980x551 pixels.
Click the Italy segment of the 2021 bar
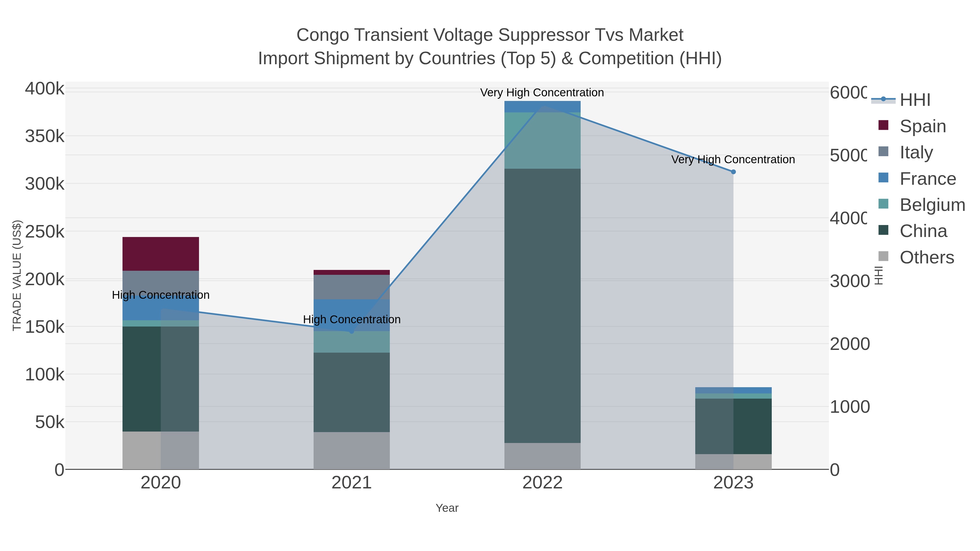tap(351, 287)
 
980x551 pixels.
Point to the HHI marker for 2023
tap(733, 172)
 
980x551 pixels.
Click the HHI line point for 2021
tap(351, 332)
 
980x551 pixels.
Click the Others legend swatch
tap(883, 257)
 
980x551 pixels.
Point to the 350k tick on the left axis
tap(45, 136)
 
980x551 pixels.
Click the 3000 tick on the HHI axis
tap(849, 281)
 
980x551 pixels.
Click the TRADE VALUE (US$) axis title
tap(17, 275)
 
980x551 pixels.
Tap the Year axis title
tap(447, 508)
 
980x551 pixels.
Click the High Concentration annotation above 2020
tap(161, 295)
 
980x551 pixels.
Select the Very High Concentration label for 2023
tap(733, 159)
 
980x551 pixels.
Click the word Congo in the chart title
tap(322, 35)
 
